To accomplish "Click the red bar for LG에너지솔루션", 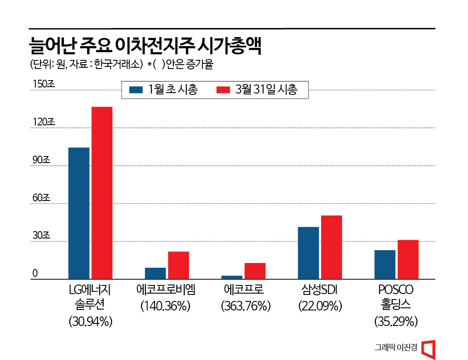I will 102,193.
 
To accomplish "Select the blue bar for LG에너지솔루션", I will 79,213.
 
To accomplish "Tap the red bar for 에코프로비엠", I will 179,265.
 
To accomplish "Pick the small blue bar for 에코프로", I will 232,277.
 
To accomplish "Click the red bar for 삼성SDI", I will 332,247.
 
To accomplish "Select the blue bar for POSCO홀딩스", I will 385,264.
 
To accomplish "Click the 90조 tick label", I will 42,160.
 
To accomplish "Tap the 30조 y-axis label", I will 42,236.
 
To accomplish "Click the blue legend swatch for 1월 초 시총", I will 136,90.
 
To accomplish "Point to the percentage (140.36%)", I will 165,306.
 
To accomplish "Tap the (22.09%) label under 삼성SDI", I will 320,306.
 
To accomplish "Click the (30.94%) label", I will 91,321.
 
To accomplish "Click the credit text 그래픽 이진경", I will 396,347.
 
